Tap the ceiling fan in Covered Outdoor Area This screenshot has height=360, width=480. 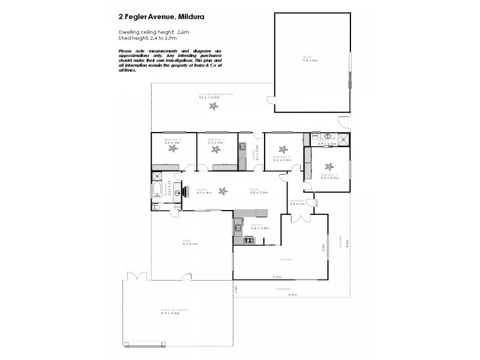tap(213, 107)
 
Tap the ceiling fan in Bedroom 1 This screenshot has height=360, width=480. tap(328, 167)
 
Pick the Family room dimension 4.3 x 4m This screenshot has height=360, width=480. tap(204, 193)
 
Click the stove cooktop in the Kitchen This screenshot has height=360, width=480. tap(249, 241)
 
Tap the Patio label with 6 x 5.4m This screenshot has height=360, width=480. tap(190, 243)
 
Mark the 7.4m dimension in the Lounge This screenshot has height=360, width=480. tap(277, 277)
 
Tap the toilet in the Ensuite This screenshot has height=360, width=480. tap(316, 138)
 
